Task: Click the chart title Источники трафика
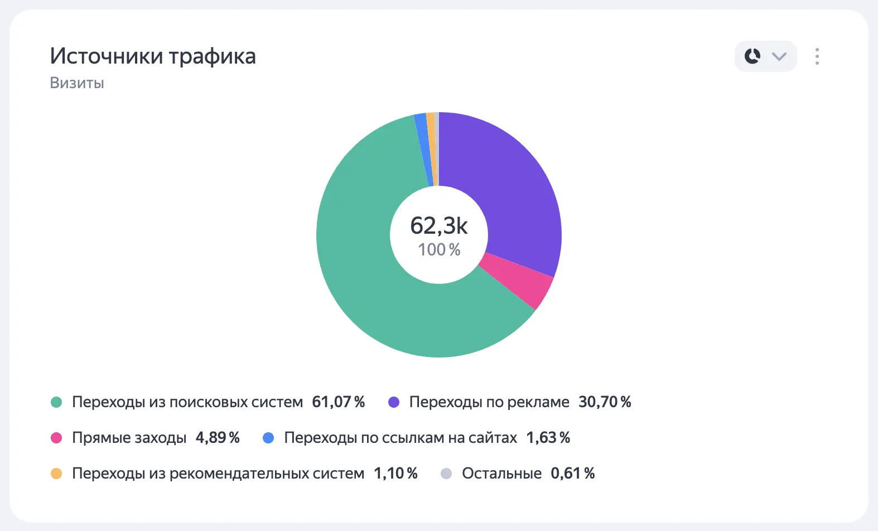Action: pos(153,56)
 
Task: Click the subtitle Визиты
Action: pos(77,83)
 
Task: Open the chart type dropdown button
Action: pos(765,56)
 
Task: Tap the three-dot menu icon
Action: pos(817,56)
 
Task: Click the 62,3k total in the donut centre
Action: pos(439,226)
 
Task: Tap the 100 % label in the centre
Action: pos(440,250)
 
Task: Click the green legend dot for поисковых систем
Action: pos(56,402)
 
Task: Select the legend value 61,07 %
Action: pos(338,402)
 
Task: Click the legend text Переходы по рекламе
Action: pos(489,402)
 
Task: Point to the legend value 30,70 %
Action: pos(605,402)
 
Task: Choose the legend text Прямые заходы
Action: pos(129,438)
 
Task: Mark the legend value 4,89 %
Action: pos(218,438)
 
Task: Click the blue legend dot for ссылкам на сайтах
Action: pos(268,438)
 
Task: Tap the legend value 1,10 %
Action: pos(395,474)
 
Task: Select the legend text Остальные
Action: pos(501,474)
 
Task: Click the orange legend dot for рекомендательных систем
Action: pos(56,474)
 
